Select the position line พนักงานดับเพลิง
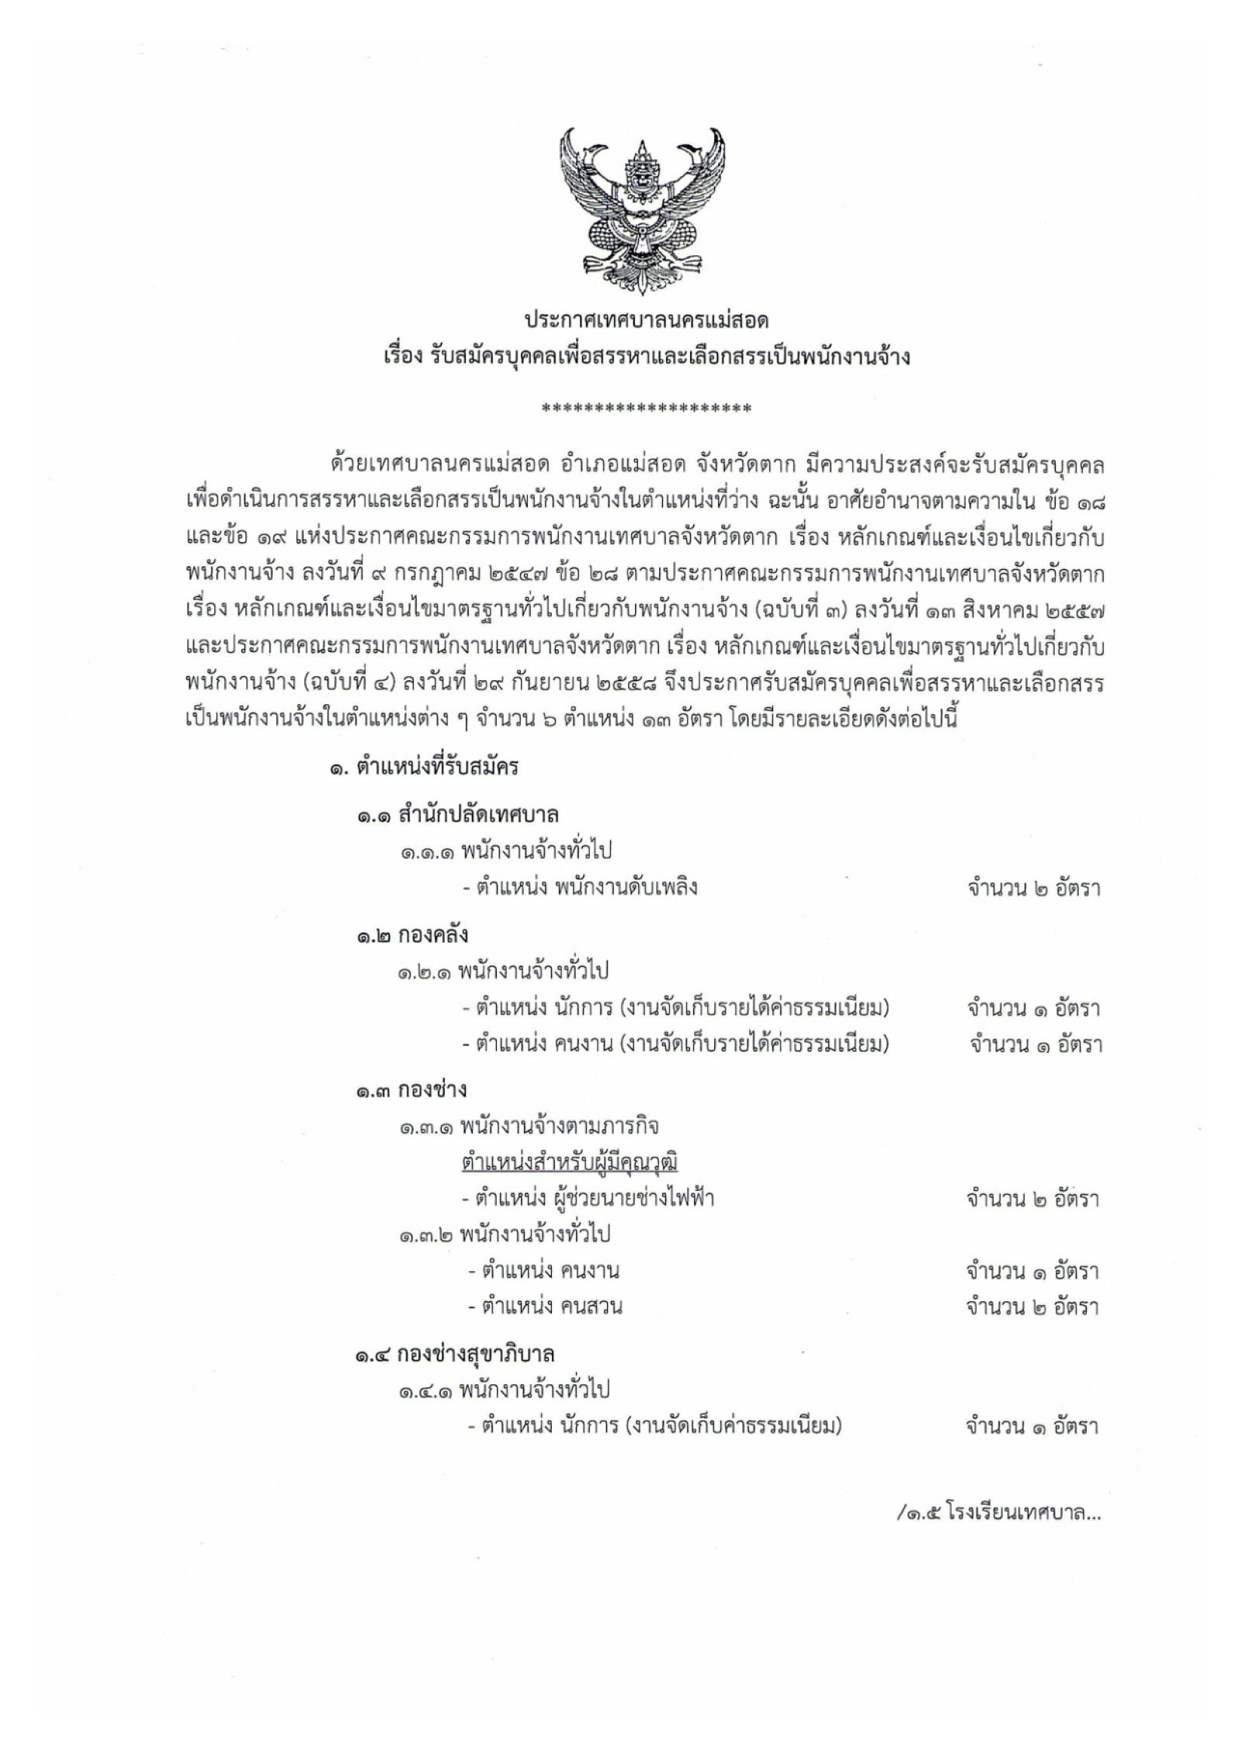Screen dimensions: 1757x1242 [579, 887]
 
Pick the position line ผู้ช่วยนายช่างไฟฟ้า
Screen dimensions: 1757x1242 [595, 1198]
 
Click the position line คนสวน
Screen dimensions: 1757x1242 [545, 1307]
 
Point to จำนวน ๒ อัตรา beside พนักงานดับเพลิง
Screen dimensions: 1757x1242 [1033, 888]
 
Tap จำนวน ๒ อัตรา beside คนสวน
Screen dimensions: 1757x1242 [1032, 1307]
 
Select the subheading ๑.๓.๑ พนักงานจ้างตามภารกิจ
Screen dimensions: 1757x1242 [530, 1126]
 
